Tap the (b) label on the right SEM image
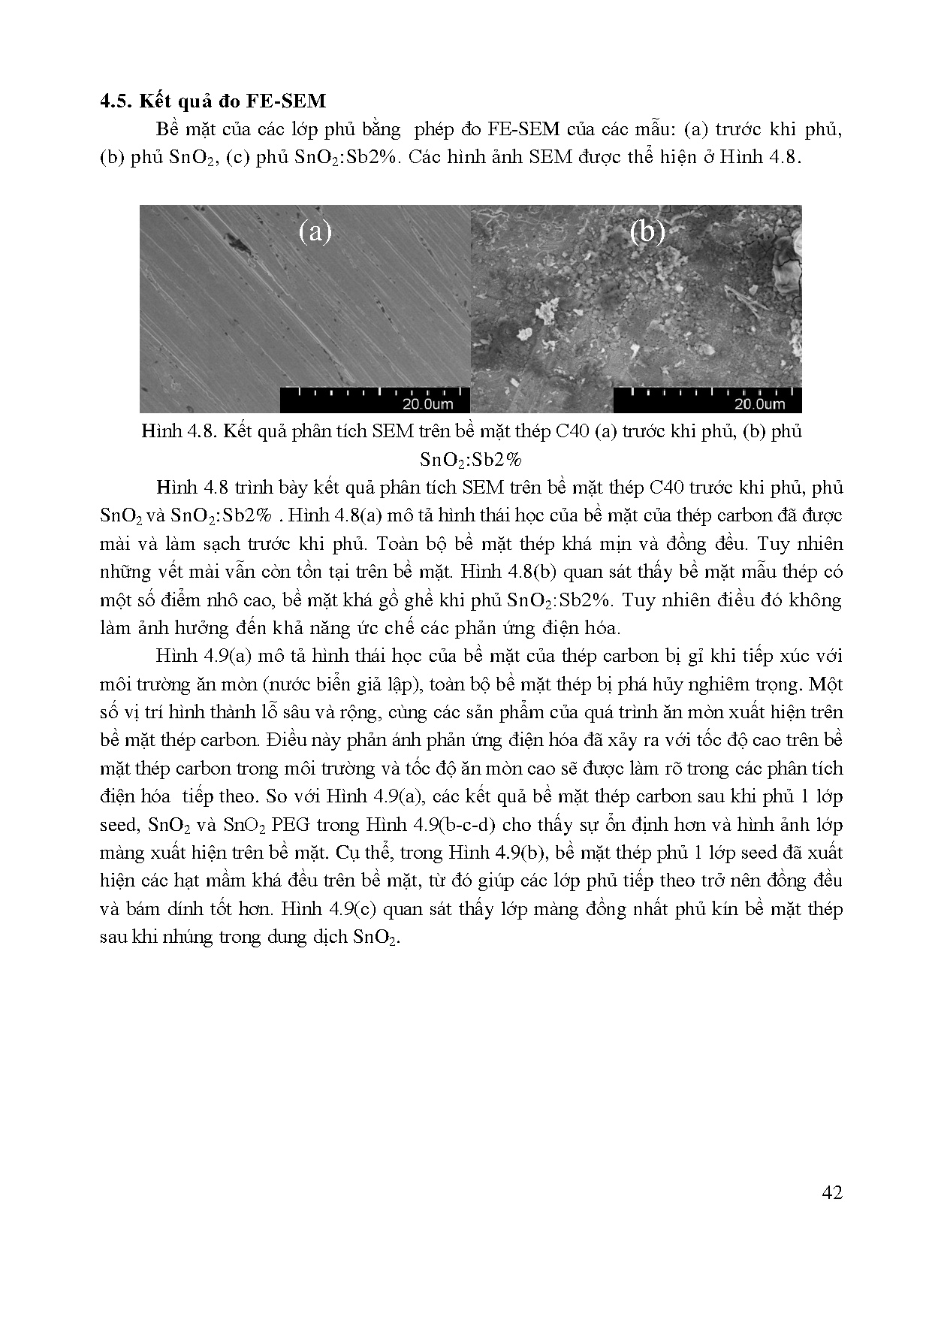click(647, 232)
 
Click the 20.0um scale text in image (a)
click(427, 404)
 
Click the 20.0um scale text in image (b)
click(759, 404)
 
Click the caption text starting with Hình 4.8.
click(471, 432)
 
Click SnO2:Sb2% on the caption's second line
click(470, 460)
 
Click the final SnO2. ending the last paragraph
click(373, 938)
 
